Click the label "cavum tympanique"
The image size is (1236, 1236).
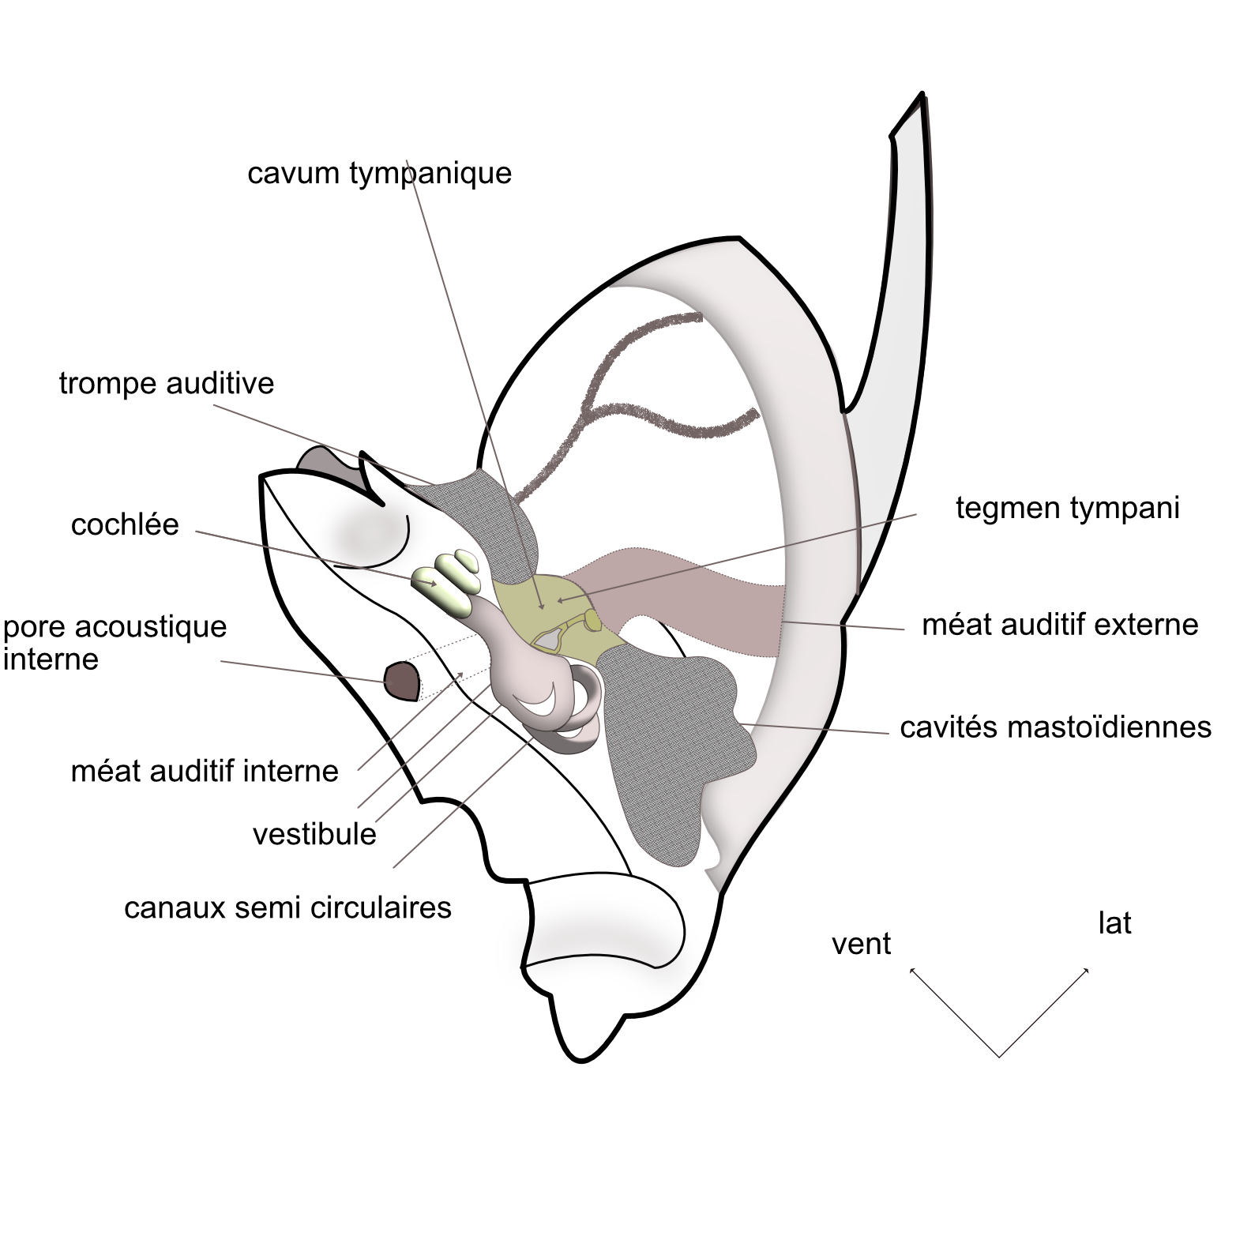[x=379, y=172]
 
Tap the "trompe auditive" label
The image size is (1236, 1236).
[x=166, y=383]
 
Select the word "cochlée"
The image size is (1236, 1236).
[x=125, y=524]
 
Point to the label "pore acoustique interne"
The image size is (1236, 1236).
[x=115, y=643]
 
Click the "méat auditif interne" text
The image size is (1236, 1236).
[x=205, y=771]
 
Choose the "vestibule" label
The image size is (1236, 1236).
[x=314, y=834]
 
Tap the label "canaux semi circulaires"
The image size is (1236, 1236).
[x=287, y=907]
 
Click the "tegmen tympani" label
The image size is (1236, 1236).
[x=1067, y=508]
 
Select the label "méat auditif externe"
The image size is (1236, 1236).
[x=1060, y=625]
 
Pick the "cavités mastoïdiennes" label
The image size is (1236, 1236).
[x=1055, y=727]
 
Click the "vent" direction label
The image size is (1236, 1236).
[x=861, y=944]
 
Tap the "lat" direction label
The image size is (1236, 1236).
[x=1114, y=923]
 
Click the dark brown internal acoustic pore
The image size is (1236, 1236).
[x=401, y=681]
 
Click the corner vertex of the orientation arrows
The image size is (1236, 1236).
[x=999, y=1057]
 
